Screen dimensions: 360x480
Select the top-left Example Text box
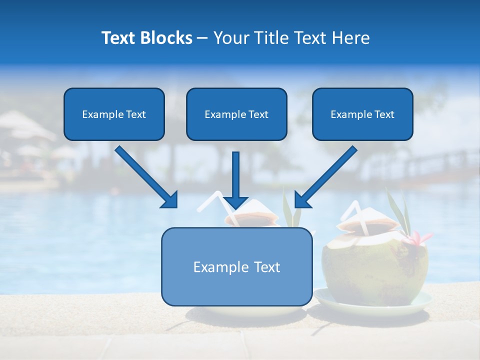point(114,114)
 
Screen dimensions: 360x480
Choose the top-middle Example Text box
point(236,114)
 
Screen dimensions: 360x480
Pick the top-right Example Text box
point(362,114)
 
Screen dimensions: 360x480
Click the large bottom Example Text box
point(236,267)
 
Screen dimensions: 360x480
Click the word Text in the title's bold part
point(119,38)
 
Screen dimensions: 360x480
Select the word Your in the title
point(229,38)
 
